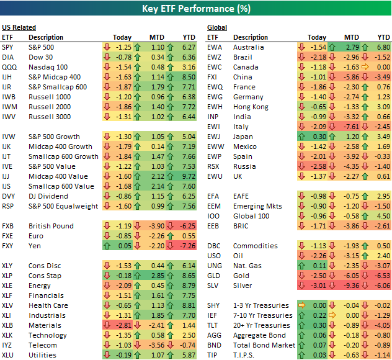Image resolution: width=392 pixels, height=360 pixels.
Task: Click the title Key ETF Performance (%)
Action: [x=195, y=9]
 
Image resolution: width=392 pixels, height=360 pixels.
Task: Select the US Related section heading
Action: [x=19, y=27]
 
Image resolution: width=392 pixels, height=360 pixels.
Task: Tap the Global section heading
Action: [x=216, y=27]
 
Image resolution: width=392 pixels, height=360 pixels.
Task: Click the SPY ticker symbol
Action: [x=8, y=47]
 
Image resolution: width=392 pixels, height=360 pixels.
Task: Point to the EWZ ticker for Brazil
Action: [x=215, y=57]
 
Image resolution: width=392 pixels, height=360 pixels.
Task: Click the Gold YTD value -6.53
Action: [x=382, y=276]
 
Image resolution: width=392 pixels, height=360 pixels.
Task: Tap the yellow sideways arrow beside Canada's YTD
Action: [x=367, y=67]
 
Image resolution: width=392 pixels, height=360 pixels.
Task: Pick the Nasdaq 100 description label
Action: [x=49, y=67]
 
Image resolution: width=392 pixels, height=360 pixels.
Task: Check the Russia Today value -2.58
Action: [x=318, y=166]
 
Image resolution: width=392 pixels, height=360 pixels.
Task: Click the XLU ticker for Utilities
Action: [x=9, y=355]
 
